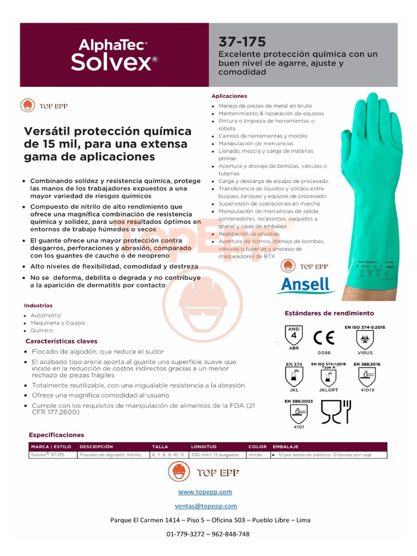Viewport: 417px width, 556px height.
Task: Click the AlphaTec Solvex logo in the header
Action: [x=114, y=55]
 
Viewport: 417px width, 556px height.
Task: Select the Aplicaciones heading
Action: [x=229, y=96]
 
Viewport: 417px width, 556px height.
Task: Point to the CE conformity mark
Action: [x=324, y=338]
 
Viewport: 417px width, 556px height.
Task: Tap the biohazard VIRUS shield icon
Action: [x=365, y=341]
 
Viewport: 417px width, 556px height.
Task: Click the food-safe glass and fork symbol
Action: [x=336, y=412]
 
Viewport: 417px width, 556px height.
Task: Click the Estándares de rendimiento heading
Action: [x=330, y=313]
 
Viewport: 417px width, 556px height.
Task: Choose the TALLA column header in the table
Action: [x=160, y=446]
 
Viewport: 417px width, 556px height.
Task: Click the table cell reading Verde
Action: [x=255, y=455]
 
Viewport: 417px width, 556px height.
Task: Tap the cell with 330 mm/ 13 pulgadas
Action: [x=216, y=455]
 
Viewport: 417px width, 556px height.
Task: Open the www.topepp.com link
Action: [x=205, y=492]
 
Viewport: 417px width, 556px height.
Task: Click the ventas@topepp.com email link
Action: [x=206, y=506]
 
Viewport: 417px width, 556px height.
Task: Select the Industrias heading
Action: [x=38, y=306]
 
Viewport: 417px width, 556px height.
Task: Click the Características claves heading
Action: [x=61, y=342]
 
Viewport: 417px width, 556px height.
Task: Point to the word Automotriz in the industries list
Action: [x=46, y=315]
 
